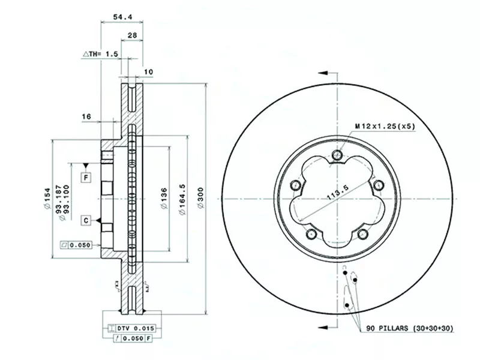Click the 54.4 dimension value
coord(122,17)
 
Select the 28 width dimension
coord(132,35)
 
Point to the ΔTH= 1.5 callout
coord(100,54)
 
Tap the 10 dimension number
coord(148,72)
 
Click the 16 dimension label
coord(86,116)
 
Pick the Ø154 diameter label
coord(47,199)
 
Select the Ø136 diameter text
coord(164,199)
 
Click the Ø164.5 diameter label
coord(182,199)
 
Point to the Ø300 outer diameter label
coord(201,198)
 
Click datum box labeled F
coord(86,177)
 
